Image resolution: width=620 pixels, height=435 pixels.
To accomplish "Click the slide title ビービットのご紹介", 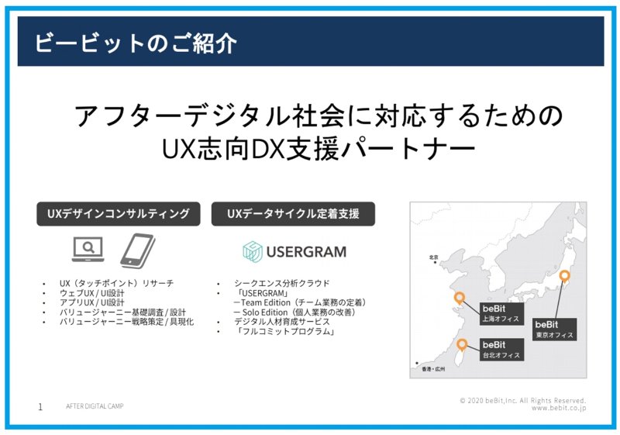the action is (x=136, y=43).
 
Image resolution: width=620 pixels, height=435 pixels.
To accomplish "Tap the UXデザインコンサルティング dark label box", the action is (x=119, y=214).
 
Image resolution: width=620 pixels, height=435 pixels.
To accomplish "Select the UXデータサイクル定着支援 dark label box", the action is (x=293, y=214).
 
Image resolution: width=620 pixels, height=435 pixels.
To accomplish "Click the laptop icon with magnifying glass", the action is (x=88, y=249).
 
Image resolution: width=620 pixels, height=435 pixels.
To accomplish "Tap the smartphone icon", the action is (x=138, y=250).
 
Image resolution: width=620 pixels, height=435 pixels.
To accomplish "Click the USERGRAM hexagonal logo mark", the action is (x=253, y=251).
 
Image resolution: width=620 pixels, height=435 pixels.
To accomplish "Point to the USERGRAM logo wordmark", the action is (x=306, y=252).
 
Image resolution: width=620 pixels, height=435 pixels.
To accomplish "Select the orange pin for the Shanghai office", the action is (x=459, y=298).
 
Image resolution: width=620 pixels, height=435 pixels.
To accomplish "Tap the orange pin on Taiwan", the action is (x=461, y=345).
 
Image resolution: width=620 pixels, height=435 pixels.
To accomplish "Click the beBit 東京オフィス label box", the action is (x=554, y=330).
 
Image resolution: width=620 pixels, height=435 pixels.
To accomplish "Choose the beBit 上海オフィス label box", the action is (x=501, y=313).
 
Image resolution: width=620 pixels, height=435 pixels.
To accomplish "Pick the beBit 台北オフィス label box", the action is (x=501, y=350).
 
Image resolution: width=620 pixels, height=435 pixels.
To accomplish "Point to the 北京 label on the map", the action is (x=434, y=257).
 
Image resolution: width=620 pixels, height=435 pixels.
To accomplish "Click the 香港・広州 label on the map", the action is (x=433, y=369).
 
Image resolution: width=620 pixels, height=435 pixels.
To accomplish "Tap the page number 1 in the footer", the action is (x=40, y=407).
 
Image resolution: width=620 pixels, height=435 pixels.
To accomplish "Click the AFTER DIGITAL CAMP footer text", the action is (x=95, y=406).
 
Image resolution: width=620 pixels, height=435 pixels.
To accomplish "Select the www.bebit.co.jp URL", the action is (x=558, y=408).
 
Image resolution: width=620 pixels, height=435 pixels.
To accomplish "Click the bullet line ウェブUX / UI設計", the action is (x=91, y=293).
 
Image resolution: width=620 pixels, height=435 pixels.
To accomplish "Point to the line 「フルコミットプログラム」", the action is (x=284, y=331).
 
